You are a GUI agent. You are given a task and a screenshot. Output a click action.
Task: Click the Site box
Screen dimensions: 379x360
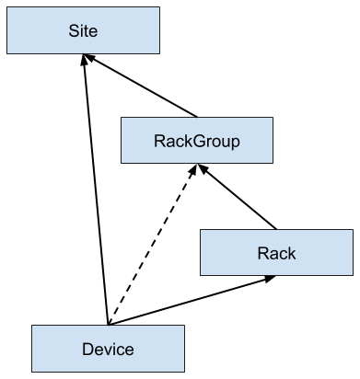[83, 30]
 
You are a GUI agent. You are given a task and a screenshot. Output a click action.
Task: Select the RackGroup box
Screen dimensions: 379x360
[196, 141]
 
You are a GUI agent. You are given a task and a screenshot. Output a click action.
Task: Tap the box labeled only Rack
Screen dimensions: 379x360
[276, 252]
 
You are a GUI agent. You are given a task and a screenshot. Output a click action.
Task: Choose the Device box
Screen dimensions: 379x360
[108, 349]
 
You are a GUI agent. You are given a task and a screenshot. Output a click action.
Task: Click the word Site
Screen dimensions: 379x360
[83, 31]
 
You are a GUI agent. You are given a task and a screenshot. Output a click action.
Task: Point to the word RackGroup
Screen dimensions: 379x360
[196, 142]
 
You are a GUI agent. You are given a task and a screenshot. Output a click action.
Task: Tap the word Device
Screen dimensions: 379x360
[108, 350]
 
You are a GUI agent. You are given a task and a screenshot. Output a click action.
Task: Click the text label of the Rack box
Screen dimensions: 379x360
[276, 253]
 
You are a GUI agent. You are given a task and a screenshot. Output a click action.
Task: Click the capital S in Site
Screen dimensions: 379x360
[74, 31]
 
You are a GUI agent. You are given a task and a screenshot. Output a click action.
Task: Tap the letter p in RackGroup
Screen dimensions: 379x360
[235, 143]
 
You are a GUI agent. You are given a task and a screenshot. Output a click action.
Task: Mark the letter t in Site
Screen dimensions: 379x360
[87, 31]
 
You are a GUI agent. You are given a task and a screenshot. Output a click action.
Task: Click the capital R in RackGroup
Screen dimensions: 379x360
[158, 142]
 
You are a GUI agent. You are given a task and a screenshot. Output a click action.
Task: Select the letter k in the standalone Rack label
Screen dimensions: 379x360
[292, 253]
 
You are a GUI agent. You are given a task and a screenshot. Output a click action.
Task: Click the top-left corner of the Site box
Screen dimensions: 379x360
[7, 8]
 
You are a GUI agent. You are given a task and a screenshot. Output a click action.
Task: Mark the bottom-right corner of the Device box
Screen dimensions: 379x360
[183, 371]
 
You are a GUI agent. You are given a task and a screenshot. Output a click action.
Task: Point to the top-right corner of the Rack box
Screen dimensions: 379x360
[352, 230]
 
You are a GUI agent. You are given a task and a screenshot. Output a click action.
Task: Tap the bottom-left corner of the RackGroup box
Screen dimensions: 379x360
[122, 163]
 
